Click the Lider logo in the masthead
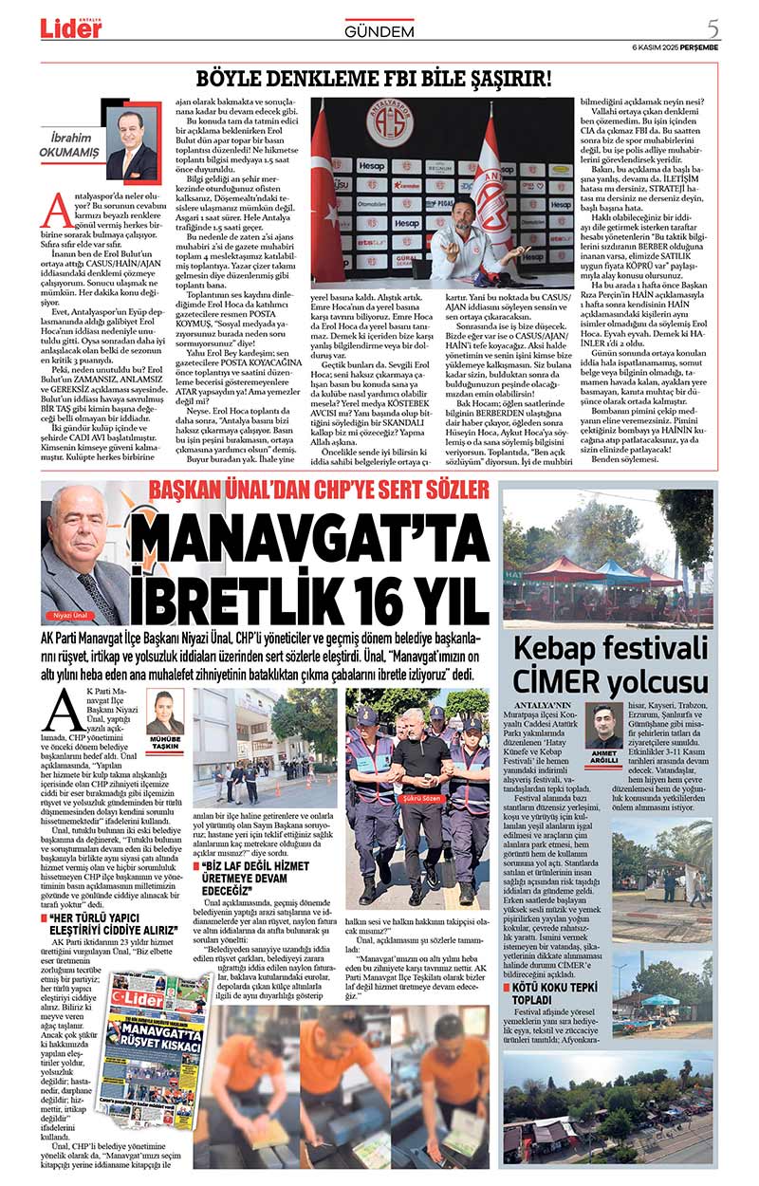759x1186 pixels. (71, 28)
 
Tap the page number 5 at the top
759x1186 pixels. (712, 28)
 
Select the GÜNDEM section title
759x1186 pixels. (379, 31)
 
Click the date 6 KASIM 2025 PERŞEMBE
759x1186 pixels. (675, 47)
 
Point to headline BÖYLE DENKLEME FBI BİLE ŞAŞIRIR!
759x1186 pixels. (372, 79)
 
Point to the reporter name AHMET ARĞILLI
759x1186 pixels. (603, 759)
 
